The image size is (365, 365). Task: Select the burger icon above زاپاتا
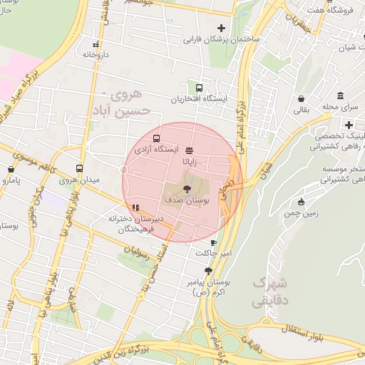188,150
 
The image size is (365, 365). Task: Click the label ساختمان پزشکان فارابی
222,41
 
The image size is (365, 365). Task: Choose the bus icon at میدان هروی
78,169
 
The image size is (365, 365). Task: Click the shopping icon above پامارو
11,170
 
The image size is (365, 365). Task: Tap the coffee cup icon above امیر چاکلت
212,242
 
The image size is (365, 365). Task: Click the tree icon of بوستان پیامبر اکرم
208,271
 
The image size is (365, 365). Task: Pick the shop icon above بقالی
302,99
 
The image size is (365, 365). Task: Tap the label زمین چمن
301,213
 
